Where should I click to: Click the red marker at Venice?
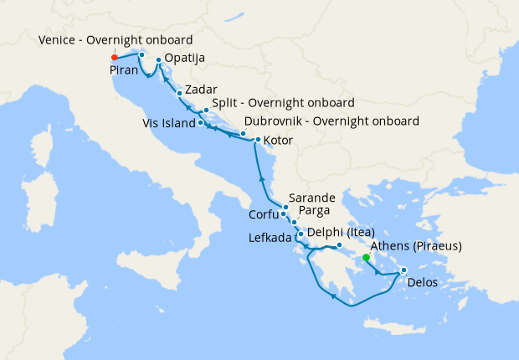tap(115, 58)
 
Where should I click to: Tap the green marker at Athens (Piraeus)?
tap(366, 258)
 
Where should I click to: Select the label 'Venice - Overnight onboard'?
tap(116, 40)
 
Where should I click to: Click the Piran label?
tap(125, 71)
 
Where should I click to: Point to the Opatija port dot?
tap(159, 60)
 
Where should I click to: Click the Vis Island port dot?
tap(201, 123)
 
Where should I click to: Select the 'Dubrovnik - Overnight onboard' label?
tap(331, 121)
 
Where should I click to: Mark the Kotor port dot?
tap(258, 140)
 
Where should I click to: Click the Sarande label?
tap(313, 196)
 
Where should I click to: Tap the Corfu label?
tap(263, 215)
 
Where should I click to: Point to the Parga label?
tap(314, 210)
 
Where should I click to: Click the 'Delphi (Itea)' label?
tap(340, 232)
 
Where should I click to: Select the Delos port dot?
tap(403, 270)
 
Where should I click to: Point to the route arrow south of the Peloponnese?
tap(333, 295)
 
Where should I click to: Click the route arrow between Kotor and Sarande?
tap(262, 178)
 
